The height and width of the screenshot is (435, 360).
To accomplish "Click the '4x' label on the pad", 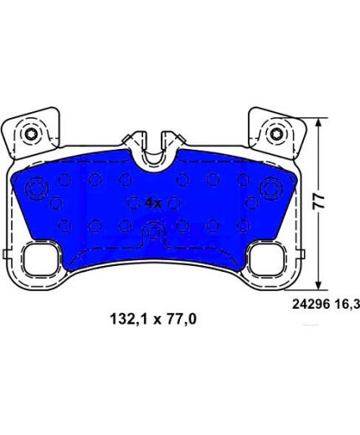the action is [153, 203].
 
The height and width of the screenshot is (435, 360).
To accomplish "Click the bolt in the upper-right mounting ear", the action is [275, 134].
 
